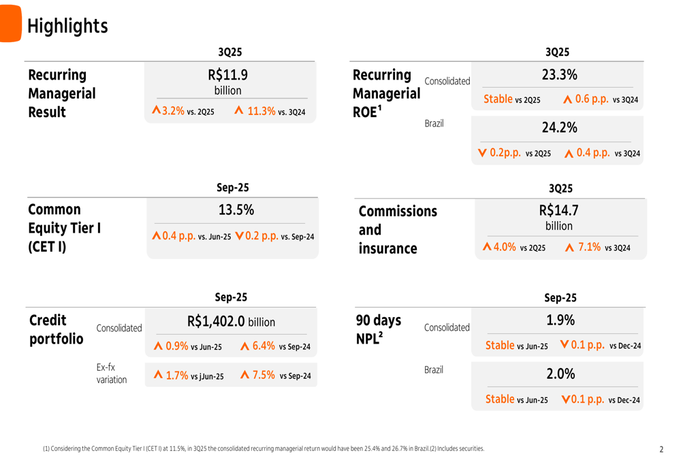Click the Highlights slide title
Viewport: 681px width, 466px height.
[67, 26]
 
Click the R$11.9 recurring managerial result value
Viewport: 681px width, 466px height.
[227, 75]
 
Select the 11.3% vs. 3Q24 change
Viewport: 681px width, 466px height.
[270, 111]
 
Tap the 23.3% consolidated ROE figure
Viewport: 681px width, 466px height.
[559, 75]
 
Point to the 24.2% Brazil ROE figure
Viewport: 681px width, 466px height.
[559, 128]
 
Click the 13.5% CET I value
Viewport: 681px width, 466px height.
[236, 210]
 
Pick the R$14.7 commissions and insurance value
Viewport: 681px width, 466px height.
[558, 211]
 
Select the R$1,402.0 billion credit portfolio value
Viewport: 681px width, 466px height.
[231, 321]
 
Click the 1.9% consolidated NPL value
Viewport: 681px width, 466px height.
[560, 320]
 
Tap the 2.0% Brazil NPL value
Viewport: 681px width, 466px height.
[560, 374]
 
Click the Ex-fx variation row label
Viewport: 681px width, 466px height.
[111, 373]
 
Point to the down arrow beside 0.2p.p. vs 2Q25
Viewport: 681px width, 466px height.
[482, 153]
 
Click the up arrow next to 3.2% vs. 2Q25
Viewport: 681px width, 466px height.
[156, 110]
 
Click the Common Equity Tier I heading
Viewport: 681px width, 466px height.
[64, 228]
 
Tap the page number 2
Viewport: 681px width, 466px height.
[661, 450]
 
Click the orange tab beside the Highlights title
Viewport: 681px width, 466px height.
[10, 23]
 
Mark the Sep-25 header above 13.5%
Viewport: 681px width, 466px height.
[232, 188]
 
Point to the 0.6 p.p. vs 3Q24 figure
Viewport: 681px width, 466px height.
[601, 99]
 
